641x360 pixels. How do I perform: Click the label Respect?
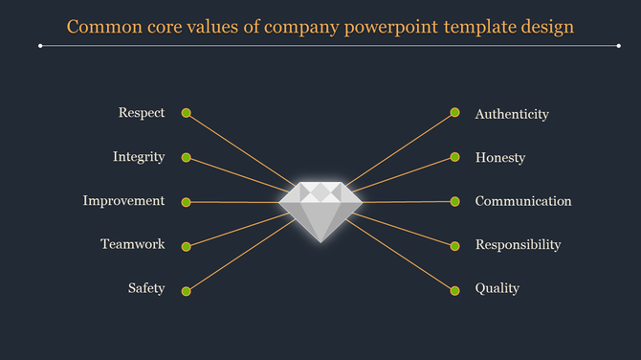coord(142,113)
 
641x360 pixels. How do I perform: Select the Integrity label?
coord(139,157)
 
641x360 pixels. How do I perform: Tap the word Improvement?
coord(123,201)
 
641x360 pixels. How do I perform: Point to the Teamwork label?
coord(133,244)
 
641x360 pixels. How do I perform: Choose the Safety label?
coord(146,288)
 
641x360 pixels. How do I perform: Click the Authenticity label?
coord(512,114)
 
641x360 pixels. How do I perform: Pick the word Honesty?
coord(500,158)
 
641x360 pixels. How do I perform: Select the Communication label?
coord(523,201)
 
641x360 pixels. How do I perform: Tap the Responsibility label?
coord(518,245)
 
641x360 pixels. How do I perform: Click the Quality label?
coord(497,288)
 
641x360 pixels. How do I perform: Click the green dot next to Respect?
coord(187,113)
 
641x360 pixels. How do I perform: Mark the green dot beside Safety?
coord(187,290)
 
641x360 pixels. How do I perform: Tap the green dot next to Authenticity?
coord(455,113)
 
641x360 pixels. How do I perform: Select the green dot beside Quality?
coord(455,289)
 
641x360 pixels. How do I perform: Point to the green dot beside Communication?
coord(455,201)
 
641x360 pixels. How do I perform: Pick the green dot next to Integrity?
coord(187,157)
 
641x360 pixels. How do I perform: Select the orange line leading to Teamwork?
coord(239,231)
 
